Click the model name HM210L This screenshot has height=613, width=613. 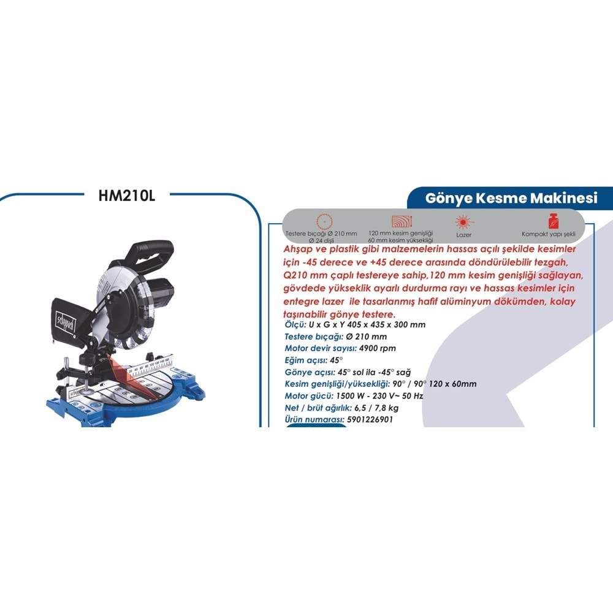point(127,196)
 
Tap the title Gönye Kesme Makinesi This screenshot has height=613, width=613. point(511,198)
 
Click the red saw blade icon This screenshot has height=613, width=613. point(324,221)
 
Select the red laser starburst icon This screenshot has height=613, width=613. point(463,223)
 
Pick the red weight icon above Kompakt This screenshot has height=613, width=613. point(553,221)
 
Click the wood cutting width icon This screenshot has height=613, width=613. point(402,221)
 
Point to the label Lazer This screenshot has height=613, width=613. point(463,235)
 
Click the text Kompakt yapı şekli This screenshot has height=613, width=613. point(549,234)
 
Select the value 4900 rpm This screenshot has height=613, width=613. point(377,348)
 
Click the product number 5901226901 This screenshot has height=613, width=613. point(370,419)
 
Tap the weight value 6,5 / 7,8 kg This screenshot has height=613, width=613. point(376,408)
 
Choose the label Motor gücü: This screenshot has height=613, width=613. point(309,396)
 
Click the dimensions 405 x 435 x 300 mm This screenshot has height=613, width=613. point(386,324)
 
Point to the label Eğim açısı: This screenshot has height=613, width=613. point(306,360)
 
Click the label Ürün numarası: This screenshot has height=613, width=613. point(314,419)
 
